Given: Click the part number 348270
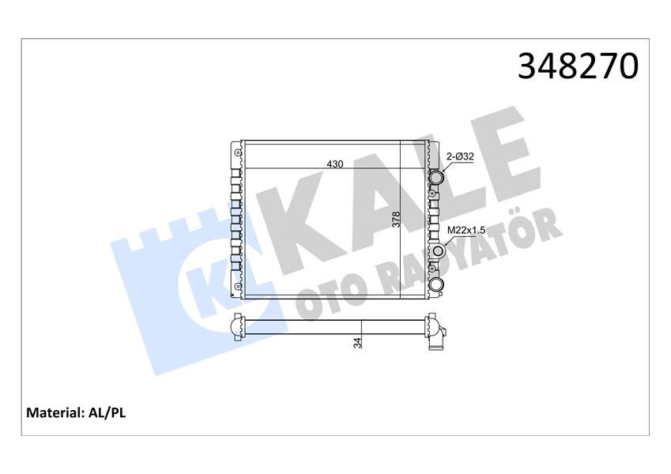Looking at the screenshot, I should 577,67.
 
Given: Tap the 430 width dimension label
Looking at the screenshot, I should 335,164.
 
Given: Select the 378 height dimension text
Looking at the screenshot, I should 397,219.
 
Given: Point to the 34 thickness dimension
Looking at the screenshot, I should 357,343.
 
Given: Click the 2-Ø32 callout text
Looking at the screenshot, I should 459,156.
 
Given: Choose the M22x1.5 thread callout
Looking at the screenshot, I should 466,230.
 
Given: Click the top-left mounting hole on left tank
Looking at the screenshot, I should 236,150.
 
